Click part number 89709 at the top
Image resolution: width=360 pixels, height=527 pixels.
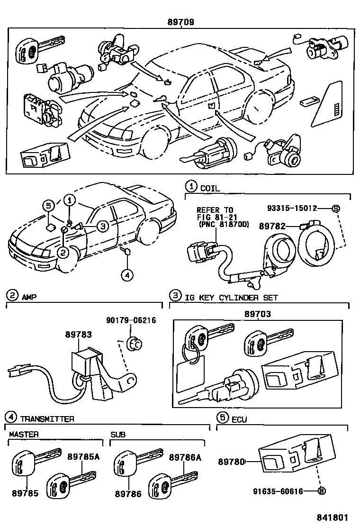pos(180,22)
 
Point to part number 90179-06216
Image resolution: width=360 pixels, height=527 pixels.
pos(132,321)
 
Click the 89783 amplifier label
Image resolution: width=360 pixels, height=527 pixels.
pos(79,334)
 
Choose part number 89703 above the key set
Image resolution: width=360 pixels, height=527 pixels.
pos(258,314)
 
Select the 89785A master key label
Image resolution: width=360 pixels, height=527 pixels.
pos(83,457)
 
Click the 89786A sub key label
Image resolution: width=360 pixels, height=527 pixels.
pos(185,457)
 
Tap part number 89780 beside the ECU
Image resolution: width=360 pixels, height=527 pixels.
pos(231,461)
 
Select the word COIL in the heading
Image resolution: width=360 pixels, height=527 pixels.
pos(210,188)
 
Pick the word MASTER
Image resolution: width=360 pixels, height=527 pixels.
pos(24,434)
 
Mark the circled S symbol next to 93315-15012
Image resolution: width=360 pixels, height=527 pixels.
pos(335,208)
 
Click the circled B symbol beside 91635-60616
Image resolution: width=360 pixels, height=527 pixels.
pos(322,491)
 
